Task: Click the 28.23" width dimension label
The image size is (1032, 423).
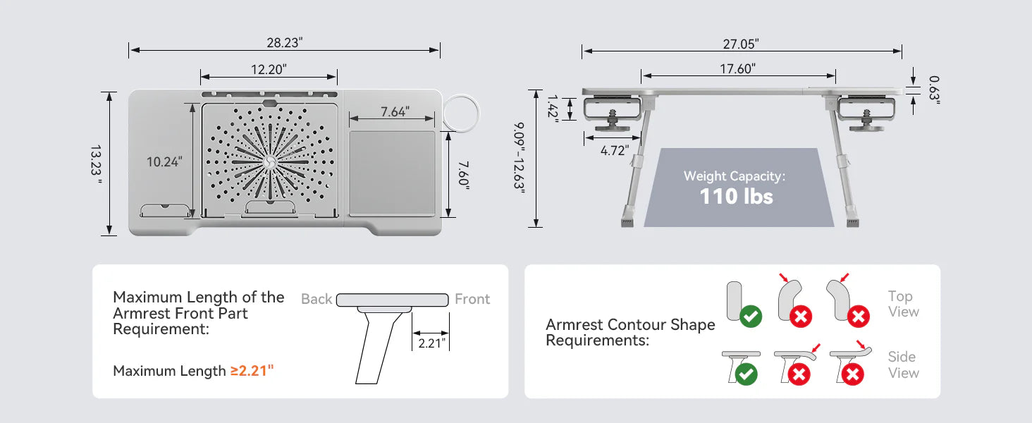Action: (285, 43)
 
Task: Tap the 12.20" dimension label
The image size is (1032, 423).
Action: (269, 70)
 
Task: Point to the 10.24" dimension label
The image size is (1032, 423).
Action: (164, 161)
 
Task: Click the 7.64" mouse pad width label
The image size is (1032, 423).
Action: (395, 111)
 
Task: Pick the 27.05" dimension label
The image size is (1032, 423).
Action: (741, 44)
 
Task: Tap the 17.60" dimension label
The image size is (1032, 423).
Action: (737, 68)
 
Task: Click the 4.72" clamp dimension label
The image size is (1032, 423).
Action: (615, 151)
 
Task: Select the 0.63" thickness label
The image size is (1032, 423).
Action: (934, 90)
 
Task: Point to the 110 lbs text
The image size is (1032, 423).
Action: (736, 196)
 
